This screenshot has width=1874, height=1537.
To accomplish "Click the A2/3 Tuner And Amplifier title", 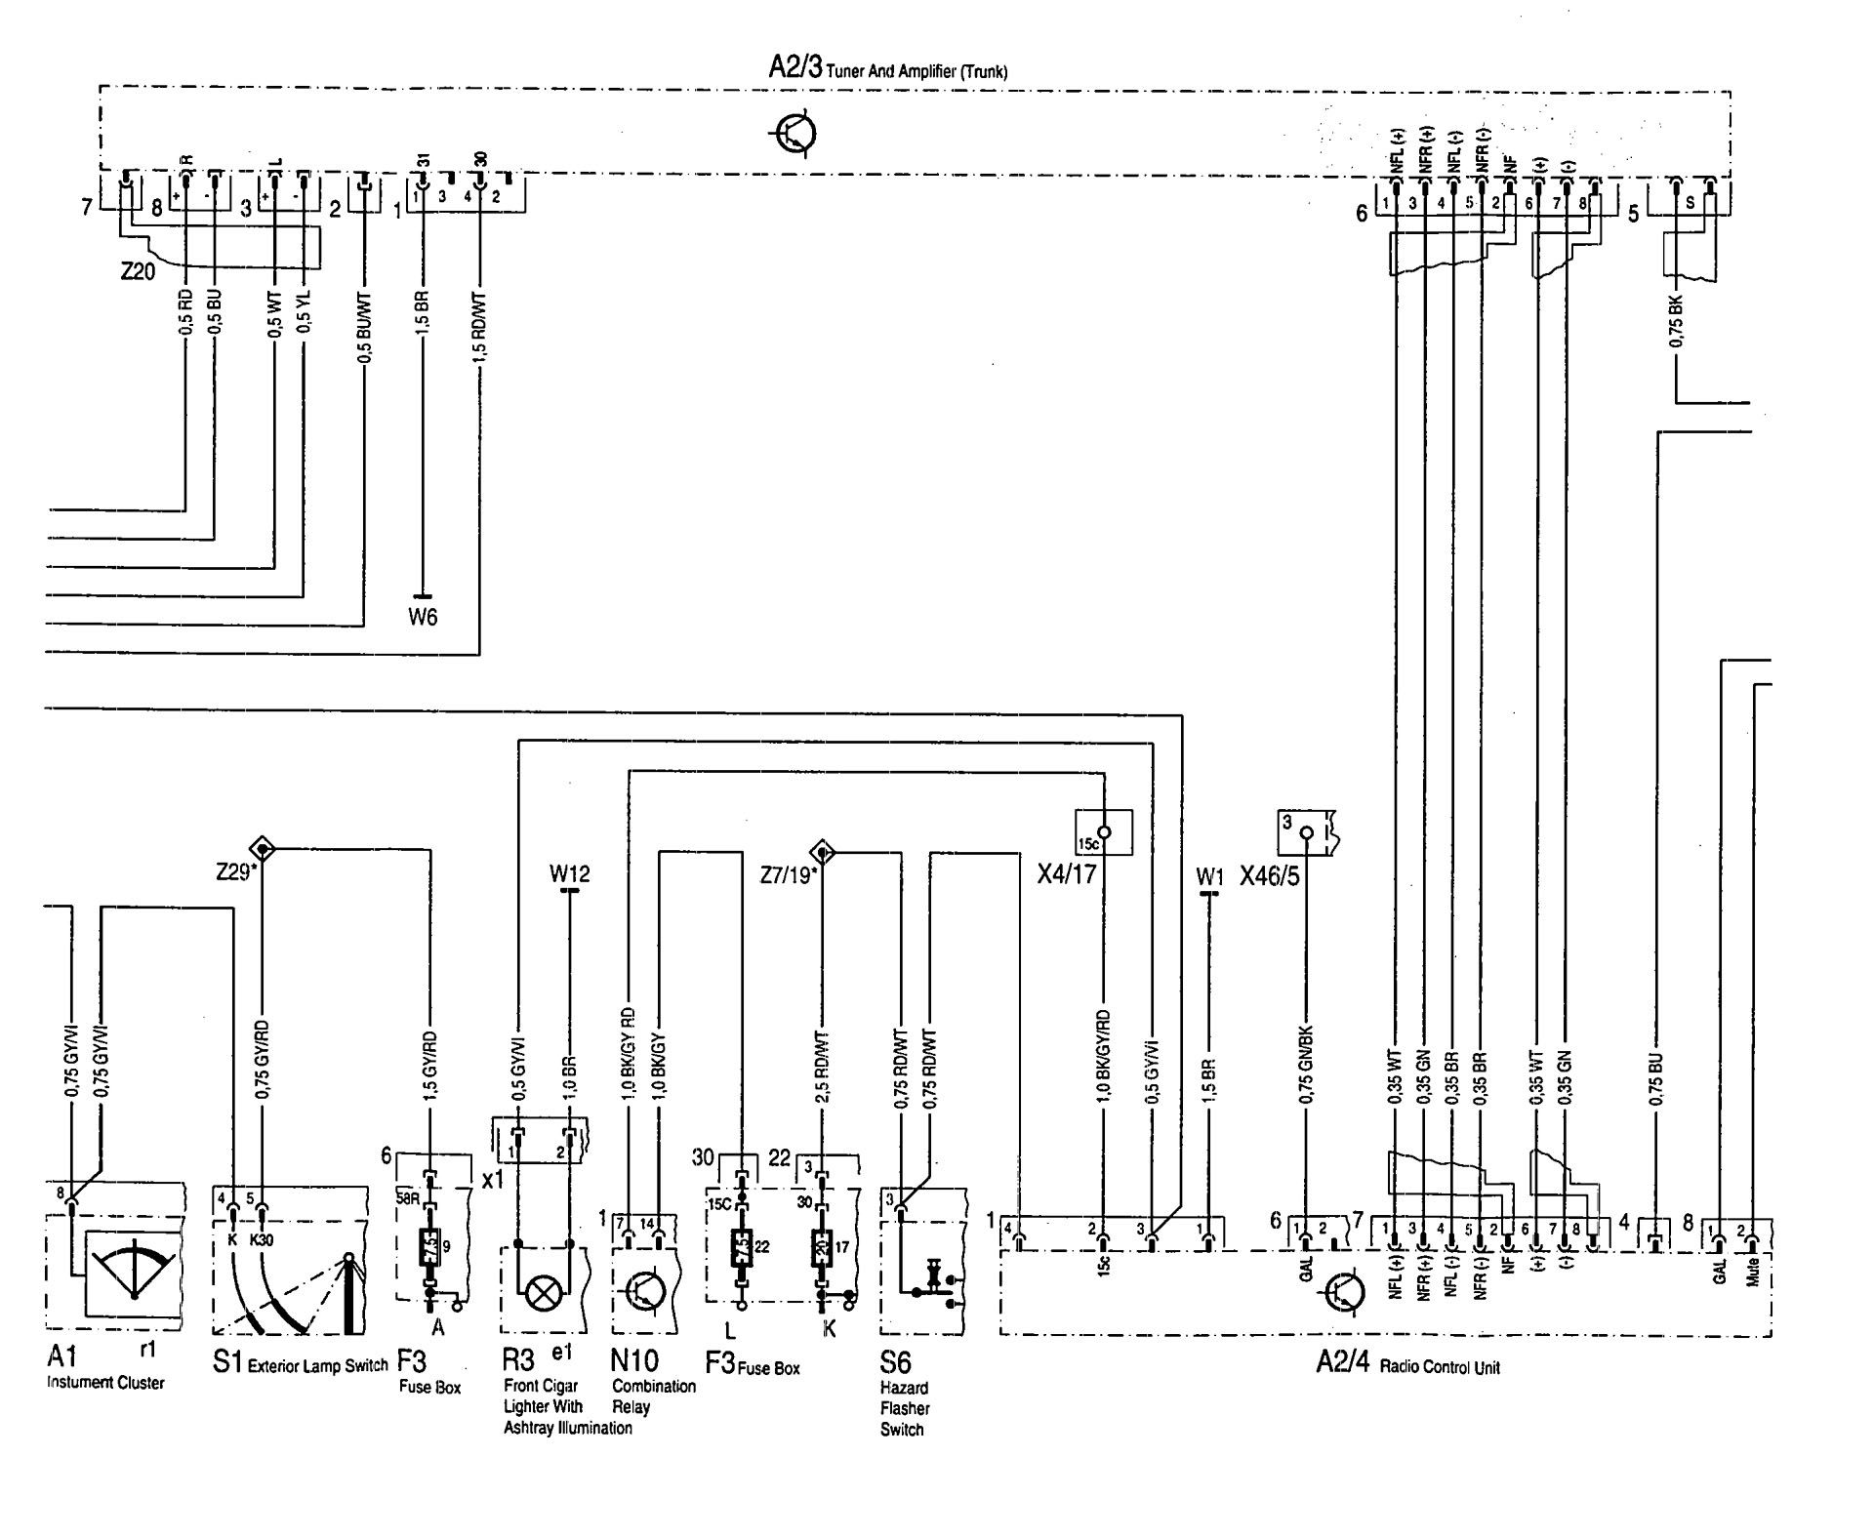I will (x=887, y=69).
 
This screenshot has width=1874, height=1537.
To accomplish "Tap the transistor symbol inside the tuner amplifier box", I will (x=795, y=135).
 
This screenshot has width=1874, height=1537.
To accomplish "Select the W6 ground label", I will (x=423, y=617).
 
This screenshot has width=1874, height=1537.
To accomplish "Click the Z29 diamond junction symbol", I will (x=263, y=849).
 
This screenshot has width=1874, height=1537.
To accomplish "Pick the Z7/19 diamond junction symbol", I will (x=824, y=852).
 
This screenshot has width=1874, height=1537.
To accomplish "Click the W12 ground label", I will (x=569, y=873).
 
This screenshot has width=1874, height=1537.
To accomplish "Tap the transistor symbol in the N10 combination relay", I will (x=644, y=1290).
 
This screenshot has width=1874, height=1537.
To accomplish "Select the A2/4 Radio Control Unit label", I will (x=1406, y=1364).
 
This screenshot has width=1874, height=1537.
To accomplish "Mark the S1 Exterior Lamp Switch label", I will (x=300, y=1362).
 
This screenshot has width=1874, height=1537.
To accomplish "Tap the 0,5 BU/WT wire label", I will (x=364, y=328).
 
